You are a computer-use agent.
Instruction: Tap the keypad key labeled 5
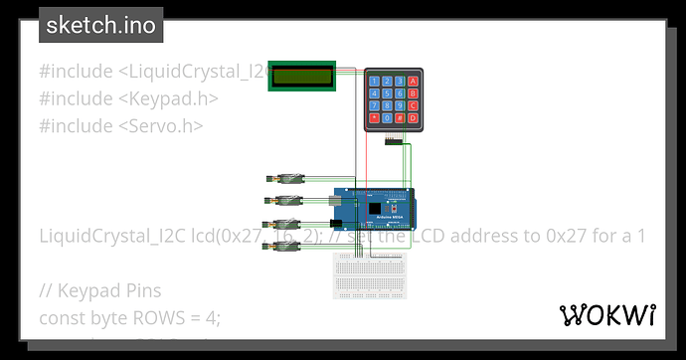(386, 92)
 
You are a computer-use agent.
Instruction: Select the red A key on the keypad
(412, 81)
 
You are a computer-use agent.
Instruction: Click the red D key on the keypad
(412, 117)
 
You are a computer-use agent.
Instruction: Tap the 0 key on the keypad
(386, 117)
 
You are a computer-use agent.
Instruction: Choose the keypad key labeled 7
(373, 105)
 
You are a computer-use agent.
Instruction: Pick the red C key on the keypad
(412, 105)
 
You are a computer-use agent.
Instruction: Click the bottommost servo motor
(286, 245)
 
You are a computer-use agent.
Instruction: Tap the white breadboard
(367, 274)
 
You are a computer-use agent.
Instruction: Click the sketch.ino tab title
(99, 26)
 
